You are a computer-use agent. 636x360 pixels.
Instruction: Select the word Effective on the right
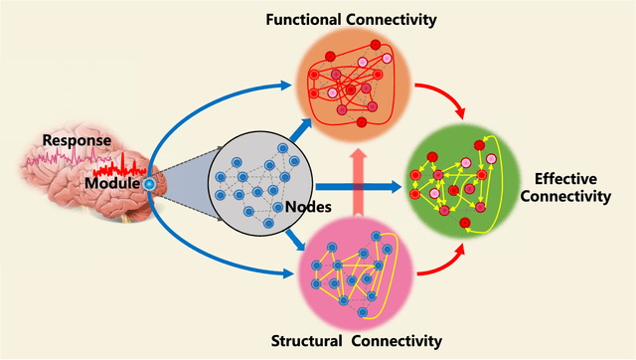[x=567, y=179]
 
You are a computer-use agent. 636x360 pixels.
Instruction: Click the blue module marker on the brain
[x=147, y=185]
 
